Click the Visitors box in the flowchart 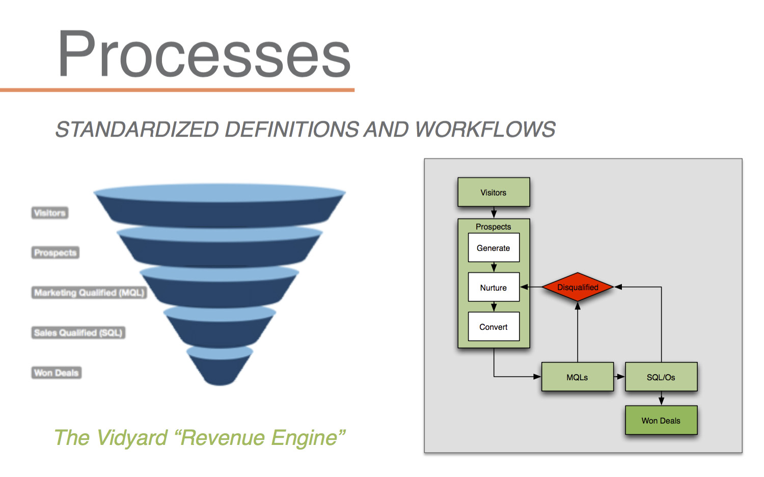(494, 192)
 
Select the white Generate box (494, 247)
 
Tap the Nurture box (494, 287)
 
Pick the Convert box (494, 326)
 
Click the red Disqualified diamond (578, 287)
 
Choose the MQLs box (578, 377)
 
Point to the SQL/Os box (661, 377)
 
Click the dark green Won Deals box (661, 420)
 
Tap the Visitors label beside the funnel (50, 213)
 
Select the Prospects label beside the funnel (55, 252)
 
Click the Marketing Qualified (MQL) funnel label (89, 293)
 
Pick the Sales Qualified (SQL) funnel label (78, 332)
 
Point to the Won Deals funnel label (56, 372)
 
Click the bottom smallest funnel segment (220, 367)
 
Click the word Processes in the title (204, 53)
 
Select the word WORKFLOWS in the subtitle (485, 130)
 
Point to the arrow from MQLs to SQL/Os (619, 377)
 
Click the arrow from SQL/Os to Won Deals (661, 398)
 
